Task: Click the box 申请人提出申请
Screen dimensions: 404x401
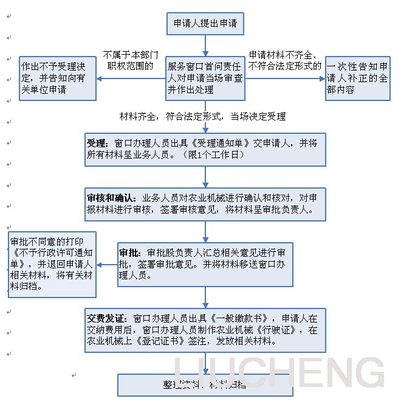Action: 205,24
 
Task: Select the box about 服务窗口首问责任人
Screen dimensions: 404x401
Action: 205,78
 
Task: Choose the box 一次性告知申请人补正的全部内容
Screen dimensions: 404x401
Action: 358,78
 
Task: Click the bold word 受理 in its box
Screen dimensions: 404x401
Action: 97,144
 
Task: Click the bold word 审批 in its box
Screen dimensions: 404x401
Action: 131,252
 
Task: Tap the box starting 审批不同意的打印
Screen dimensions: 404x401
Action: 50,264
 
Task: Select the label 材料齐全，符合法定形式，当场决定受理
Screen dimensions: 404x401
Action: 202,116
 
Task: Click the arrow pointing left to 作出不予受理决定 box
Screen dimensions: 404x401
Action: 131,78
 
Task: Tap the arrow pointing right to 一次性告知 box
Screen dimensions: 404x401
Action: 285,78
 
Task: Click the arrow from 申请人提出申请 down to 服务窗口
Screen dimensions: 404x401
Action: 205,46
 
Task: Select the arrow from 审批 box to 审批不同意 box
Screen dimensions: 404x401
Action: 107,265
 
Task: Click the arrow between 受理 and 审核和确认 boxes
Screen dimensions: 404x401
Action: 205,176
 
